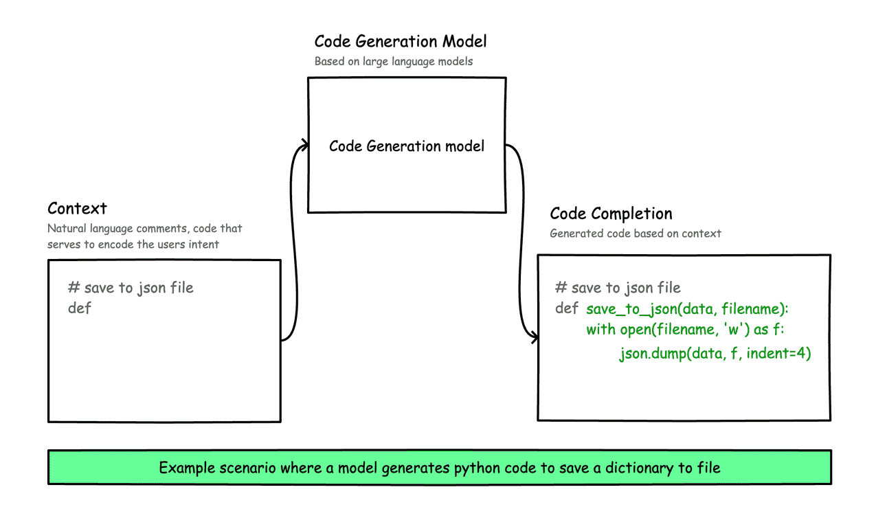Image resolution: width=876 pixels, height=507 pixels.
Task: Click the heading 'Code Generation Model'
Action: tap(401, 41)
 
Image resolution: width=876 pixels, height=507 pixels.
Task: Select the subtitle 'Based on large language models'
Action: tap(394, 61)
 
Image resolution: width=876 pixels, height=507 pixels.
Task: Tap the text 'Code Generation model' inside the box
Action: tap(407, 146)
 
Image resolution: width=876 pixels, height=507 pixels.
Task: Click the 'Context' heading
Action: tap(77, 208)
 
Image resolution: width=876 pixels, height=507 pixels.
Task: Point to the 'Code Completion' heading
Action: tap(611, 213)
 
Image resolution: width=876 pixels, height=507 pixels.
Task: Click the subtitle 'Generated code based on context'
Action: tap(636, 234)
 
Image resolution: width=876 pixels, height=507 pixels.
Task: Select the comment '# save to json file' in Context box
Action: tap(131, 288)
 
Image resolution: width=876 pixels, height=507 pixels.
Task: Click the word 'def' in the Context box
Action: tap(80, 308)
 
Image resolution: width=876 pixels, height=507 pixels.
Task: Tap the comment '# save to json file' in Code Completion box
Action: tap(618, 288)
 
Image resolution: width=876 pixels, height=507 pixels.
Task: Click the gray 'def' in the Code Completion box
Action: tap(567, 308)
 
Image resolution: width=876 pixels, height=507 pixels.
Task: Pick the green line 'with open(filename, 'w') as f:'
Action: tap(685, 330)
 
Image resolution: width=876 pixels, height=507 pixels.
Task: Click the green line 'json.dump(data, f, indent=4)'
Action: tap(715, 354)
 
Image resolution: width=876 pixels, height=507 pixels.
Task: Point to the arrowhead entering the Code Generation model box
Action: tap(304, 145)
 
